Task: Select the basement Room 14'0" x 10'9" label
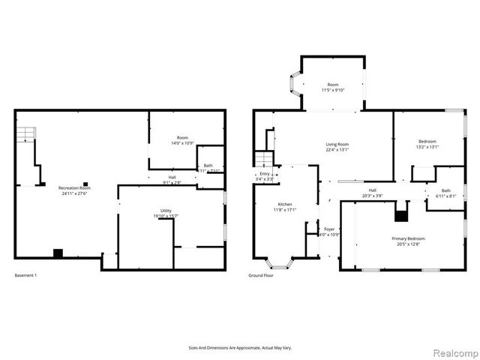tap(182, 140)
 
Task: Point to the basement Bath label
tap(208, 167)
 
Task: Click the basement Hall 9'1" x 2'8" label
tap(172, 180)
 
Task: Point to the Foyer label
tap(329, 231)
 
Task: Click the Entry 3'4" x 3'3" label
tap(264, 176)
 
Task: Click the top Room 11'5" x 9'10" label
tap(332, 88)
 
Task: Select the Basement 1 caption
tap(26, 275)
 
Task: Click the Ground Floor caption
tap(261, 275)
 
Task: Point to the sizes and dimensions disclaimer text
tap(240, 348)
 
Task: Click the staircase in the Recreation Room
tap(26, 136)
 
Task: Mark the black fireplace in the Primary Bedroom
tap(402, 217)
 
